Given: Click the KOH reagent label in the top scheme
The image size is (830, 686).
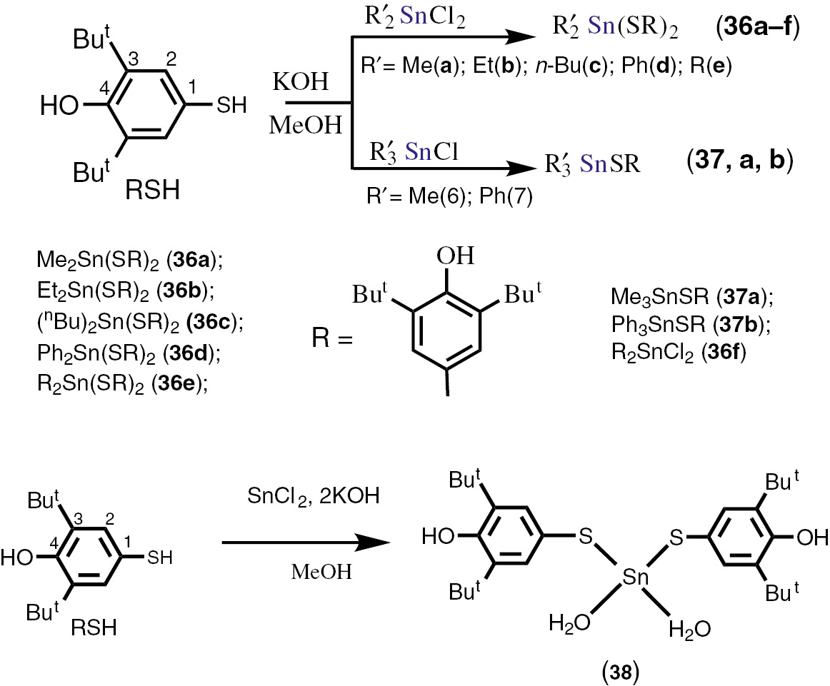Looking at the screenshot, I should coord(299,84).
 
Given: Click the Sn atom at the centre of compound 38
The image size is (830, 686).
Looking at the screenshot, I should coord(631,576).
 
